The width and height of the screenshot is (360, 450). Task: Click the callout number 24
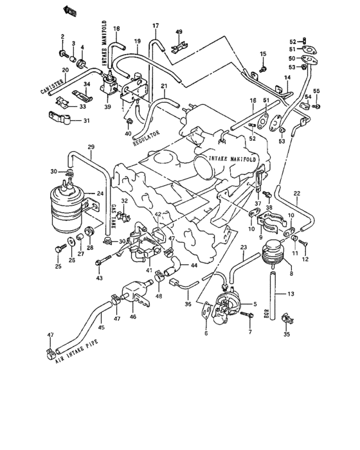(x=100, y=193)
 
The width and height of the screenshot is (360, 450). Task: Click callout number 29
(x=91, y=147)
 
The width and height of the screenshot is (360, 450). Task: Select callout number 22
(x=296, y=193)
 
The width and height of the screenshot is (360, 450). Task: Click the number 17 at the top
(x=155, y=25)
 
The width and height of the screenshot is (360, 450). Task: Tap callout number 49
(x=179, y=32)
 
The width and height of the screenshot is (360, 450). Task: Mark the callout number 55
(x=316, y=90)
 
